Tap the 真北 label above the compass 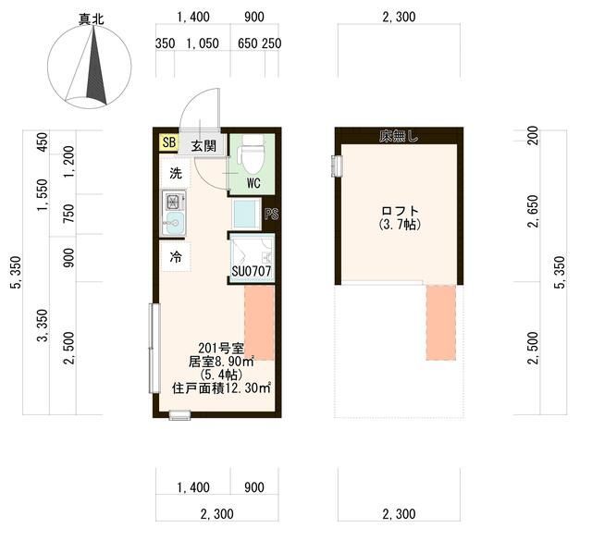pyautogui.click(x=91, y=18)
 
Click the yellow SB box pyautogui.click(x=169, y=142)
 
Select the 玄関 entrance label pyautogui.click(x=204, y=145)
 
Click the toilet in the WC pyautogui.click(x=253, y=153)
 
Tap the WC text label pyautogui.click(x=253, y=183)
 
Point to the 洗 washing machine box pyautogui.click(x=175, y=173)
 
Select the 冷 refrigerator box pyautogui.click(x=175, y=258)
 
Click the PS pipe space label pyautogui.click(x=271, y=215)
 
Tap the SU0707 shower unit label pyautogui.click(x=251, y=273)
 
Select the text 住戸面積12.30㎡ pyautogui.click(x=222, y=388)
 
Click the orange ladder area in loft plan pyautogui.click(x=441, y=323)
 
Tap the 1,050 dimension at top pyautogui.click(x=203, y=43)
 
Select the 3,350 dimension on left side pyautogui.click(x=42, y=326)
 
